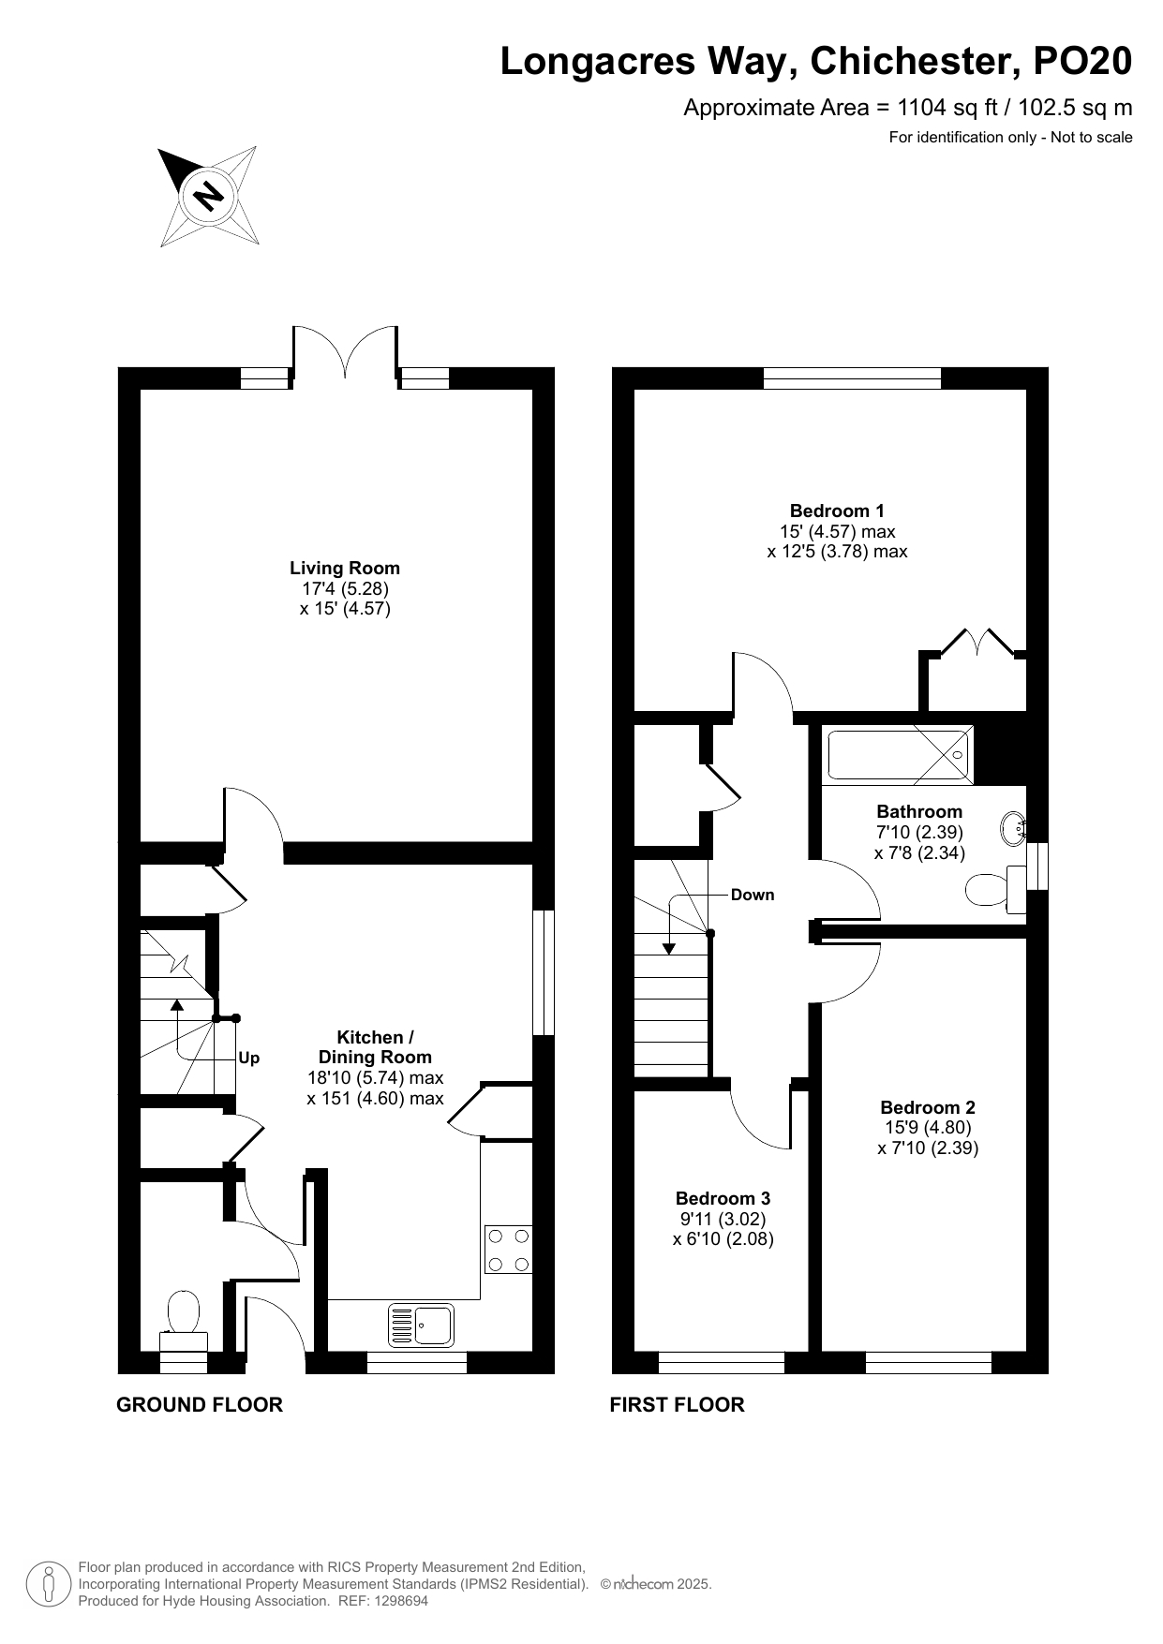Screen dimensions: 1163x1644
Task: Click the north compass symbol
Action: pos(207,197)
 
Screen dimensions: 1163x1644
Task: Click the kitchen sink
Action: pos(421,1325)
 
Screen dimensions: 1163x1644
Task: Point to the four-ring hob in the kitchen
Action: pos(508,1250)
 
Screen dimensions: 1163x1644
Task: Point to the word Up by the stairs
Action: pos(248,1059)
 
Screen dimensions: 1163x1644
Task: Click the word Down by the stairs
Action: pos(753,895)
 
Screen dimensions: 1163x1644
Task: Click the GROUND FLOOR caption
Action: pos(200,1404)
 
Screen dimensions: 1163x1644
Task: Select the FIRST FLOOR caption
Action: pos(677,1404)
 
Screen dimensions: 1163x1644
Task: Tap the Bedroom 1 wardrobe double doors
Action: pos(976,644)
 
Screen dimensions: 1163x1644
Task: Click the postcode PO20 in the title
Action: pos(1081,61)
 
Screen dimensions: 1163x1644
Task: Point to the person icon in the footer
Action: pos(48,1583)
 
